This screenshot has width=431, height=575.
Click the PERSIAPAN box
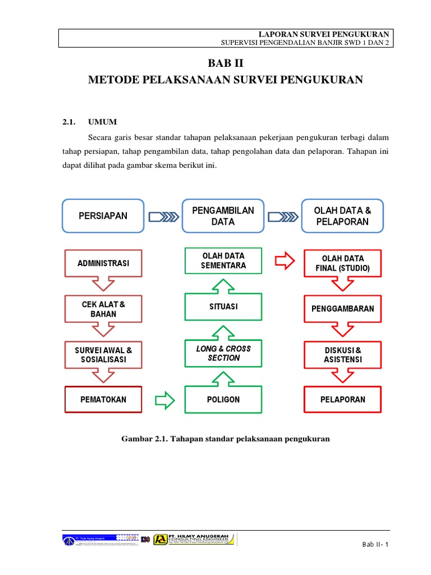(x=103, y=216)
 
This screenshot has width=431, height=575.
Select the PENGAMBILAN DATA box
(x=223, y=216)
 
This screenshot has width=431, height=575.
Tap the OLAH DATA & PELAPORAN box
(x=342, y=216)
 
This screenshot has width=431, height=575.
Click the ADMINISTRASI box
(x=103, y=263)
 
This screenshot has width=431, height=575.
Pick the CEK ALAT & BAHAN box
(x=103, y=309)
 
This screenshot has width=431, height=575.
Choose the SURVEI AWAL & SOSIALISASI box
(x=103, y=354)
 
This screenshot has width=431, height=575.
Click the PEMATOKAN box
(x=103, y=399)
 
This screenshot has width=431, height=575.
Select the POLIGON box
(x=223, y=399)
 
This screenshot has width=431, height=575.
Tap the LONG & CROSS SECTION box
(x=223, y=353)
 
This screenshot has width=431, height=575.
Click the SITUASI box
(x=223, y=307)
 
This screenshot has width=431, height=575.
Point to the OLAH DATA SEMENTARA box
(x=223, y=261)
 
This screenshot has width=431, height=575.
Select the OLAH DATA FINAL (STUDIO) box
(x=342, y=263)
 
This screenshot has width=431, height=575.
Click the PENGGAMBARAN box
(x=342, y=309)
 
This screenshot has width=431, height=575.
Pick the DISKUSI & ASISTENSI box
(x=342, y=354)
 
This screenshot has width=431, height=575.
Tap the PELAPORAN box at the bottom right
(x=342, y=399)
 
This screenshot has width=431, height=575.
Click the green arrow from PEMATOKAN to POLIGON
(x=164, y=400)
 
